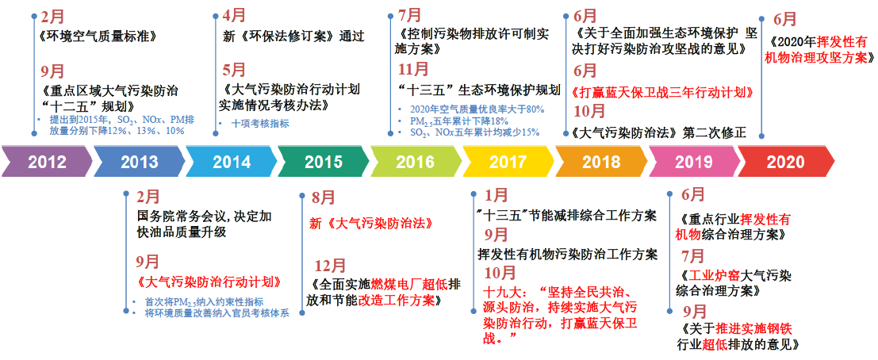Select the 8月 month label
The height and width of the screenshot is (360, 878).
coord(324,197)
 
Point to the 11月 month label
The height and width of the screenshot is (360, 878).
coord(413,70)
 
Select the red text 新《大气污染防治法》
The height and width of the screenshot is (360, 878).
coord(372,224)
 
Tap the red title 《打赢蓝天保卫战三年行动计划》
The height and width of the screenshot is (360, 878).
coord(661,92)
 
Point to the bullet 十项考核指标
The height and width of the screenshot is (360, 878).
coord(260,124)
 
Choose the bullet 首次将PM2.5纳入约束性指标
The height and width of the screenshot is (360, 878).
coord(209,302)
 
